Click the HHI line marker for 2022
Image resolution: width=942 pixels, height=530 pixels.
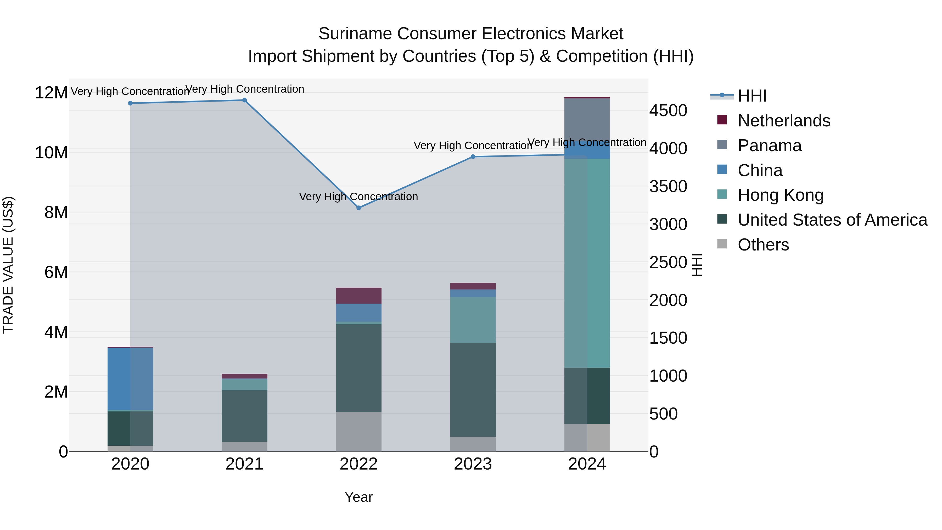359,208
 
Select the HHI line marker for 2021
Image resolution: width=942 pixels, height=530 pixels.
244,100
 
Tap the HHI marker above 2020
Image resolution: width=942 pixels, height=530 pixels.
130,103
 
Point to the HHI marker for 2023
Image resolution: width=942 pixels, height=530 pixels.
473,157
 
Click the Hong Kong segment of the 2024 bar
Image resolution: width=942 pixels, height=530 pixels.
587,263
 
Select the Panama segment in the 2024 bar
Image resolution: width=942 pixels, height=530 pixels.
587,121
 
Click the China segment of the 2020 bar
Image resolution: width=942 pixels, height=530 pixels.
130,378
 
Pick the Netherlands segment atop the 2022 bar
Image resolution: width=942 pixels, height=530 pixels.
359,295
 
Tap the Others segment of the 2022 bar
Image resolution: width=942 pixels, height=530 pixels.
359,432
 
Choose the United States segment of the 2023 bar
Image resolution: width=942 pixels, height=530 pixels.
473,389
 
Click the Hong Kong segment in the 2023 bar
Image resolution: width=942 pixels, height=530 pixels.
473,320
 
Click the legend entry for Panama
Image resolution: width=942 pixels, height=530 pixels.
769,146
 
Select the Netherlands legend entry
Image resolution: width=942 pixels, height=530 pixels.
784,121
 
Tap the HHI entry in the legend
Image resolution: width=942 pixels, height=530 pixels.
752,96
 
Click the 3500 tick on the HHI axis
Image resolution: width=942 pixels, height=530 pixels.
668,187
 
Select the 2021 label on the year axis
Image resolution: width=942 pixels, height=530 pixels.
244,464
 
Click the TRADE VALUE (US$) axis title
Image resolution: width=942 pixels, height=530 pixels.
8,265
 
